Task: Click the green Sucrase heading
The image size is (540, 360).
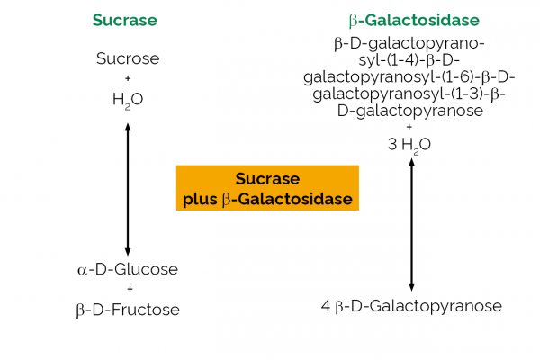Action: coord(127,20)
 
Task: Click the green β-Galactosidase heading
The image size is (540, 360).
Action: coord(413,20)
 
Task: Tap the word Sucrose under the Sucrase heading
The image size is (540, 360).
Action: coord(127,59)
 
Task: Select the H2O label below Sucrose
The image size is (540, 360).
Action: coord(127,100)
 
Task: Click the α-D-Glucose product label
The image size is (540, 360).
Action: coord(127,269)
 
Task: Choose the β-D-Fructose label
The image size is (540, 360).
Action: coord(127,310)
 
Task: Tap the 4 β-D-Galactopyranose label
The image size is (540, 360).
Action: coord(411,306)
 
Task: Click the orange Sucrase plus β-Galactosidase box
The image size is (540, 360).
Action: coord(266,188)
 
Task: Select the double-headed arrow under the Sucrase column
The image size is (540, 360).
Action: coord(128,188)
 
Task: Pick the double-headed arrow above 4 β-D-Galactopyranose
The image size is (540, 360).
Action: coord(411,224)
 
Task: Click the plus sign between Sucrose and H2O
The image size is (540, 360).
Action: coord(127,79)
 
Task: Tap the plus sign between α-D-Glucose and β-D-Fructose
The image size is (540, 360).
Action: coord(129,289)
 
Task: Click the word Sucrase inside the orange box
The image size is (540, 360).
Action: coord(267,178)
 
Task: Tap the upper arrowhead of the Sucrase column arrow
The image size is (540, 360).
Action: coord(128,126)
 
